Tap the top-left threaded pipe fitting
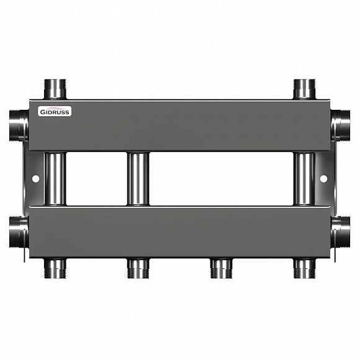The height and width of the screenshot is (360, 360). (55, 89)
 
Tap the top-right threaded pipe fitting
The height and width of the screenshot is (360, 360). (305, 89)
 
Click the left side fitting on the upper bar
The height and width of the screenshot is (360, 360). (19, 125)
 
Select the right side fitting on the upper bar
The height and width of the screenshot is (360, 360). (341, 125)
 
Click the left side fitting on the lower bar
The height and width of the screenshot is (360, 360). (19, 232)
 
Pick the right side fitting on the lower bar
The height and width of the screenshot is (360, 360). (341, 232)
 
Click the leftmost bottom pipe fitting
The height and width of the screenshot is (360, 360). (55, 268)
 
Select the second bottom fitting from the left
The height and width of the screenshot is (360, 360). (138, 268)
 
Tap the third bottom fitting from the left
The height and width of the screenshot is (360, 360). (221, 268)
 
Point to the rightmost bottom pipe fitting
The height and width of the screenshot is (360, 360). (305, 268)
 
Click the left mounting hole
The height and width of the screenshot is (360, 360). (35, 179)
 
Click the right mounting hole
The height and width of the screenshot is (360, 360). (323, 179)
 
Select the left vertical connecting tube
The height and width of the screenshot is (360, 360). (55, 179)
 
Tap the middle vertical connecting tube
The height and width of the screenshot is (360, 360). (138, 179)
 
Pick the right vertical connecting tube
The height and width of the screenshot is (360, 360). (305, 179)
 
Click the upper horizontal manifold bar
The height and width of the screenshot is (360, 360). (186, 126)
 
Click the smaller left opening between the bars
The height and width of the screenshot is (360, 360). (96, 179)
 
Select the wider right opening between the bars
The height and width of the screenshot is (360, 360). (221, 179)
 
